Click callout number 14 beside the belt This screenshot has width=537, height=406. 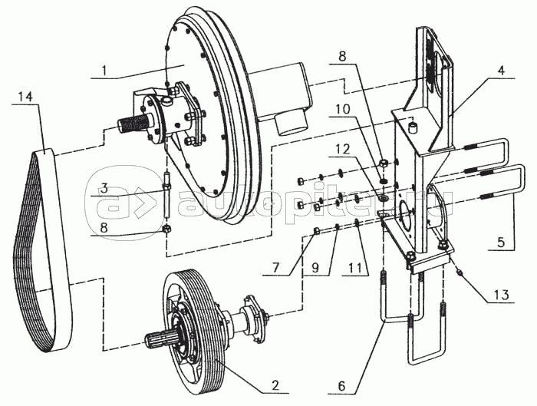(x=25, y=97)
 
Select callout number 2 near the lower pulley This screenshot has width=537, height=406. (x=275, y=385)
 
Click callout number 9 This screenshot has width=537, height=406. (x=315, y=268)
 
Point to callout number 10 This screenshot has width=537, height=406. (x=343, y=109)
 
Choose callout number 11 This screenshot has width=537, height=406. (x=355, y=268)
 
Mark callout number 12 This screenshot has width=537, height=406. (x=343, y=150)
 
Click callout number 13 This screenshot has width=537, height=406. (x=501, y=295)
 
